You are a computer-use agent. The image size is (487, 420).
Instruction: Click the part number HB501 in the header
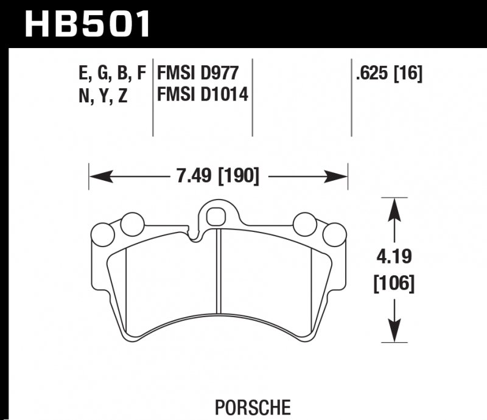click(86, 24)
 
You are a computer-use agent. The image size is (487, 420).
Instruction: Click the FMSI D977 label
click(197, 74)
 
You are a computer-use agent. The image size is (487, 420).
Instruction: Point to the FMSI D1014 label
click(203, 95)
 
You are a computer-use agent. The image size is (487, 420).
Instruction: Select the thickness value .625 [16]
click(388, 74)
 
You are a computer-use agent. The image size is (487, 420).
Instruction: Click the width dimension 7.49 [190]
click(217, 177)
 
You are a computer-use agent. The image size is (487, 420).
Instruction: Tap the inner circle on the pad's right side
click(304, 224)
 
